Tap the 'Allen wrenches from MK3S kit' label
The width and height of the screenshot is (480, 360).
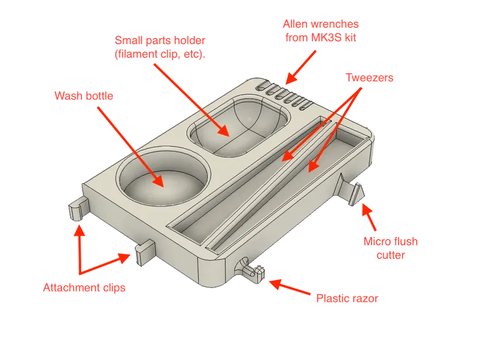pyautogui.click(x=320, y=31)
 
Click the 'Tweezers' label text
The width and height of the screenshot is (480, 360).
pyautogui.click(x=369, y=78)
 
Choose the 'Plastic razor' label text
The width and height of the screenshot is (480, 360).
pyautogui.click(x=347, y=298)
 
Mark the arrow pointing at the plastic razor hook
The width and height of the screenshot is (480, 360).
pyautogui.click(x=288, y=287)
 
